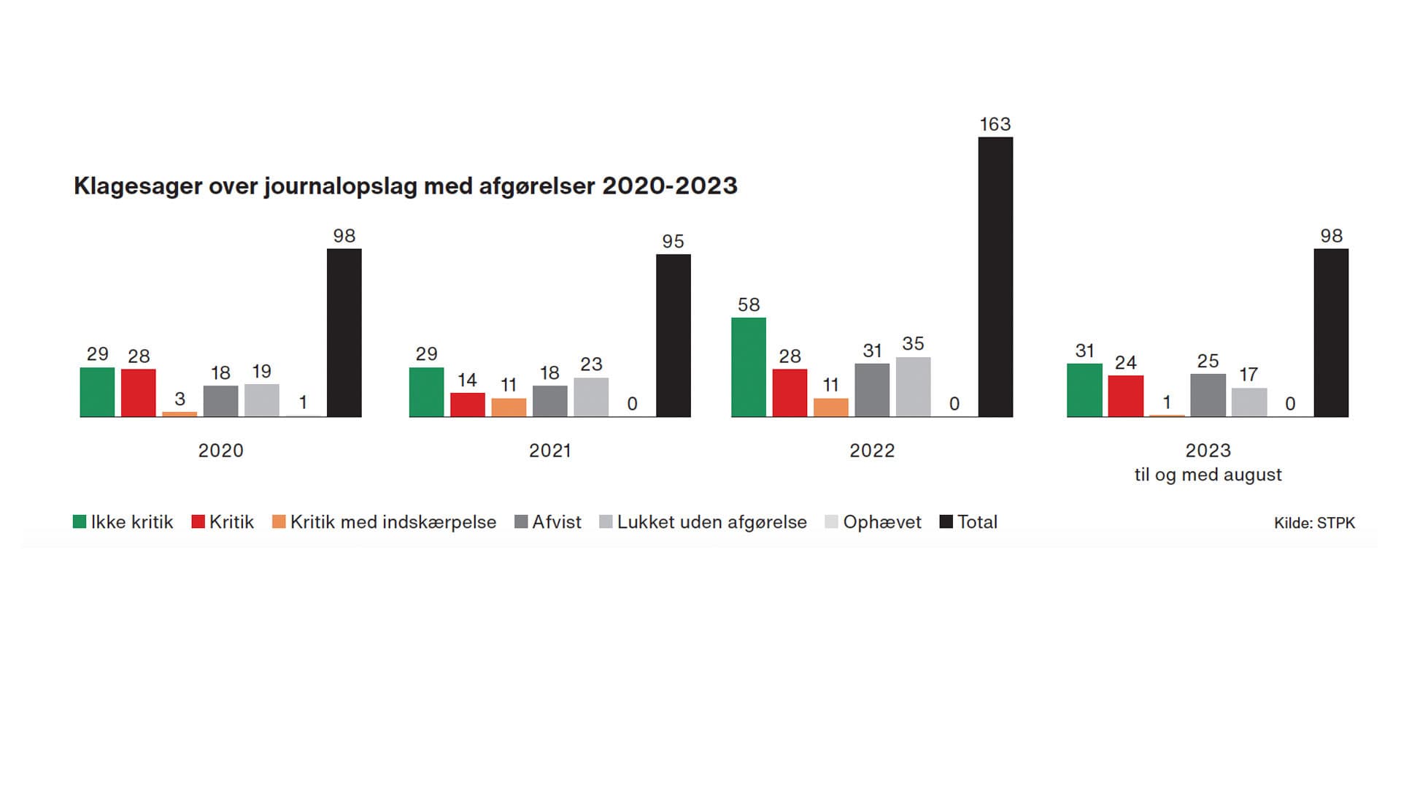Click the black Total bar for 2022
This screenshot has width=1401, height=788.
point(995,278)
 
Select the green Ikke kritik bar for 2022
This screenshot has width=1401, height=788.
point(749,367)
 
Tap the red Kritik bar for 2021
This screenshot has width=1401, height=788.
point(468,405)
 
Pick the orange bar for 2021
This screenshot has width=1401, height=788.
point(509,408)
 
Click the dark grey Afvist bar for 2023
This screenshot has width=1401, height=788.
point(1208,395)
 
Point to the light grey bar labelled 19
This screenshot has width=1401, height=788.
point(262,400)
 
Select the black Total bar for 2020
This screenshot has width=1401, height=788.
point(344,333)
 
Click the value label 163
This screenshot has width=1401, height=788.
point(995,125)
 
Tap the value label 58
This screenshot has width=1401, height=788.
point(749,305)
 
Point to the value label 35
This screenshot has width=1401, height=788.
point(913,343)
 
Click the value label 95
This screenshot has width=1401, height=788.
point(673,242)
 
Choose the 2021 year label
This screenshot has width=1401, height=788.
point(550,451)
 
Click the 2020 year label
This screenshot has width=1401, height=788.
point(220,451)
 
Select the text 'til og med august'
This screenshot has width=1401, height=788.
point(1208,475)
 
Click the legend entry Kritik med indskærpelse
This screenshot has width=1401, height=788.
point(393,522)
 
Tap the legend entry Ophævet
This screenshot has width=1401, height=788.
point(881,522)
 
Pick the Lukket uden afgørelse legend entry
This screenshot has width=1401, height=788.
point(711,522)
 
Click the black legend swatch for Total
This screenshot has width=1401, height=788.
point(946,521)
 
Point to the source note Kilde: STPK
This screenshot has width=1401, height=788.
point(1314,523)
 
